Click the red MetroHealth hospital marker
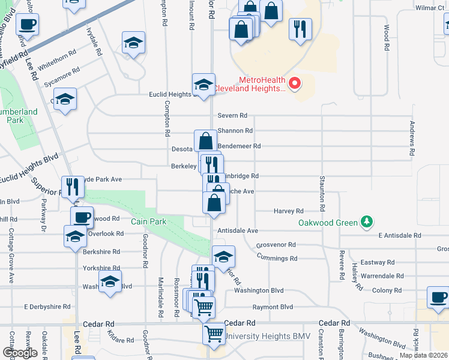(295, 83)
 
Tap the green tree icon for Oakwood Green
(366, 223)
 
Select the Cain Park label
(149, 221)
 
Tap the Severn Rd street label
(232, 115)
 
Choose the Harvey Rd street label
(288, 211)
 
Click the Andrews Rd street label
(412, 140)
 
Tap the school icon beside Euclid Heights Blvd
(203, 86)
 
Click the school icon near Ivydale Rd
(133, 44)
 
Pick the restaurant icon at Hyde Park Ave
(72, 187)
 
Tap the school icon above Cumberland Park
(65, 100)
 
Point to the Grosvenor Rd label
(276, 245)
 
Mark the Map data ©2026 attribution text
(423, 355)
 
